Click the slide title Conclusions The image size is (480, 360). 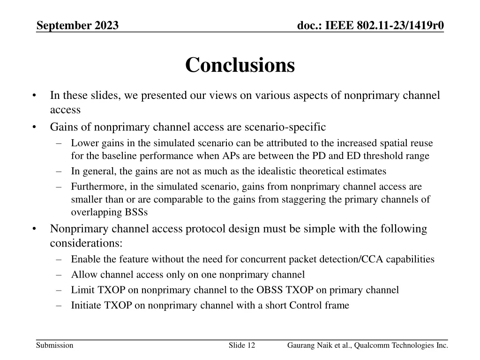240,65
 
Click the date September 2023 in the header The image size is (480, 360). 77,25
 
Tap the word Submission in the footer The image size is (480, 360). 54,345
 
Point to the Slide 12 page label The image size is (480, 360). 242,345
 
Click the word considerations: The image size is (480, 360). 86,243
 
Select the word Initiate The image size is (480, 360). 86,306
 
